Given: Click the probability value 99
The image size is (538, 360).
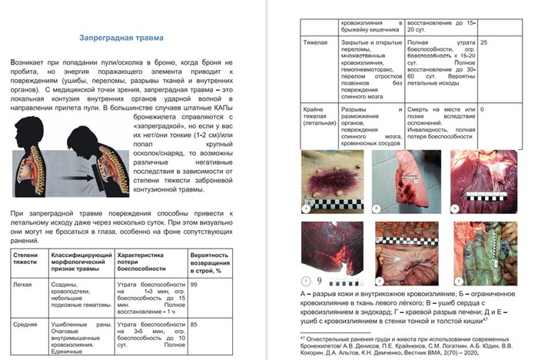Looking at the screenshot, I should [x=194, y=285].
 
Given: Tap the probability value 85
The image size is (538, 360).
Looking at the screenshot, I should [x=194, y=324].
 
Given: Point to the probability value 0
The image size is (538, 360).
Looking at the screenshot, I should [x=481, y=110].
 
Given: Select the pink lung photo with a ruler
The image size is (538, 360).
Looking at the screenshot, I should [x=404, y=181].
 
